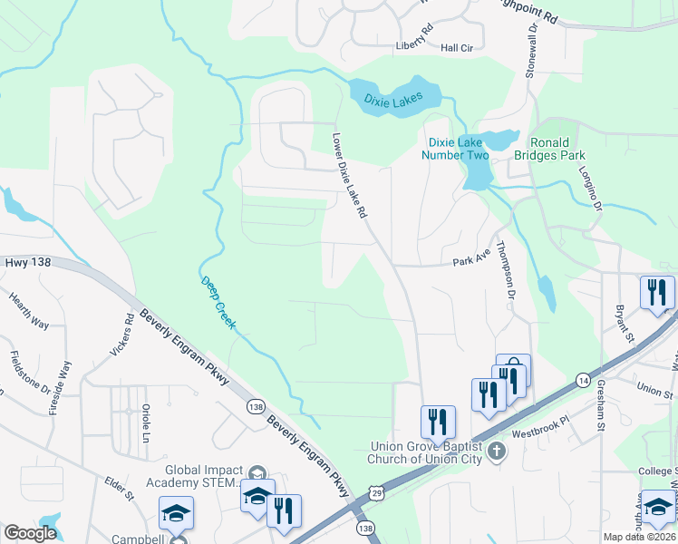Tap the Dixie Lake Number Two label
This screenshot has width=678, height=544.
458,149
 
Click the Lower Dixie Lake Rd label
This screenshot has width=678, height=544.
349,176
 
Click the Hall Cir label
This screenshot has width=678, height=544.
457,48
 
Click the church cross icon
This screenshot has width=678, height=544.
496,451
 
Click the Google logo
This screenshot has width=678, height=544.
30,533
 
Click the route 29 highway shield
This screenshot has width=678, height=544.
376,492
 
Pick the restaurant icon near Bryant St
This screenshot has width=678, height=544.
657,292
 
